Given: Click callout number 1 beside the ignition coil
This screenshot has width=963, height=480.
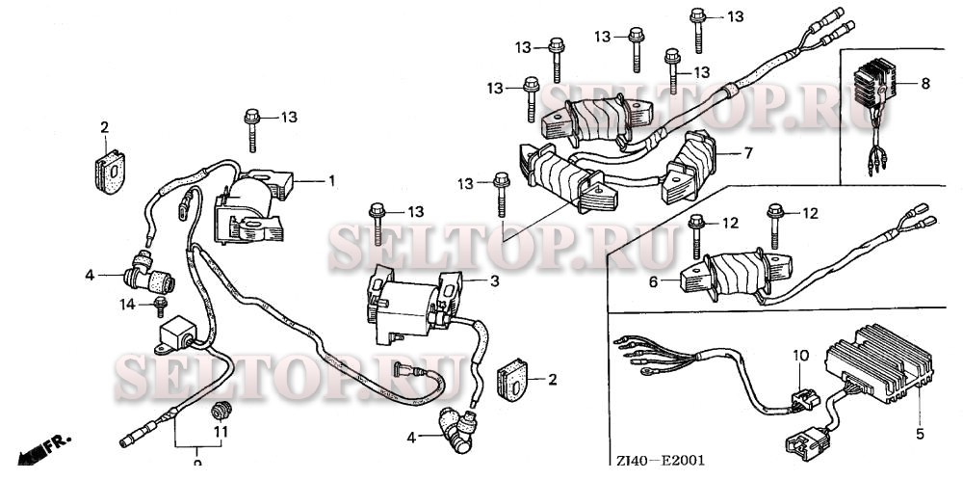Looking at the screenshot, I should (x=331, y=180).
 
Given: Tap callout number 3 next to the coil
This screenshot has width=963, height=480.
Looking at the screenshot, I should (x=494, y=280).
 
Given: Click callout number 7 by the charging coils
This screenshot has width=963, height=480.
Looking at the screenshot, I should (x=747, y=153).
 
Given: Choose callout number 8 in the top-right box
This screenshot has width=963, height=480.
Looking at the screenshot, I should (x=925, y=84).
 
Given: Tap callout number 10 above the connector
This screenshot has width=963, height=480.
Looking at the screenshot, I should (x=797, y=355).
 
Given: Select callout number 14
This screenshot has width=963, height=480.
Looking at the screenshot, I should (x=123, y=304).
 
